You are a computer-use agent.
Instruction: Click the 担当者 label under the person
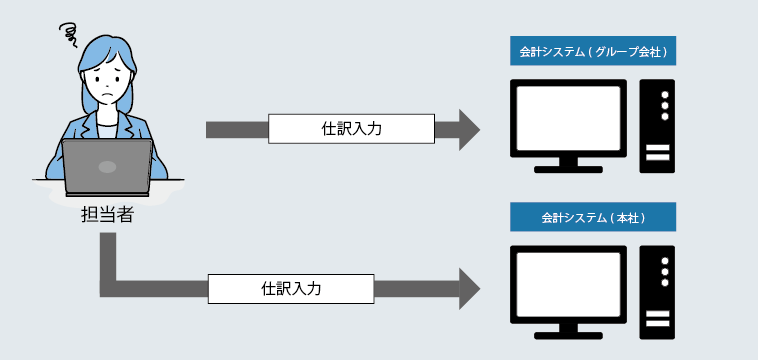coord(107,214)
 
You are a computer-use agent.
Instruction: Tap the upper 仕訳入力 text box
coord(351,129)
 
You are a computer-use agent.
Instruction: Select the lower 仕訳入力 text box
coord(291,288)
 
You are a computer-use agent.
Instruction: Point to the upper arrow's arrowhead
coord(468,129)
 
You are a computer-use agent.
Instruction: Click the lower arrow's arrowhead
coord(468,288)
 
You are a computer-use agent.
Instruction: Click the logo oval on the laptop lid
coord(107,164)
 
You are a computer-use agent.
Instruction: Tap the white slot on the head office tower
coord(658,320)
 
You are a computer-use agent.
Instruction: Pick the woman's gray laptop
coord(107,166)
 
